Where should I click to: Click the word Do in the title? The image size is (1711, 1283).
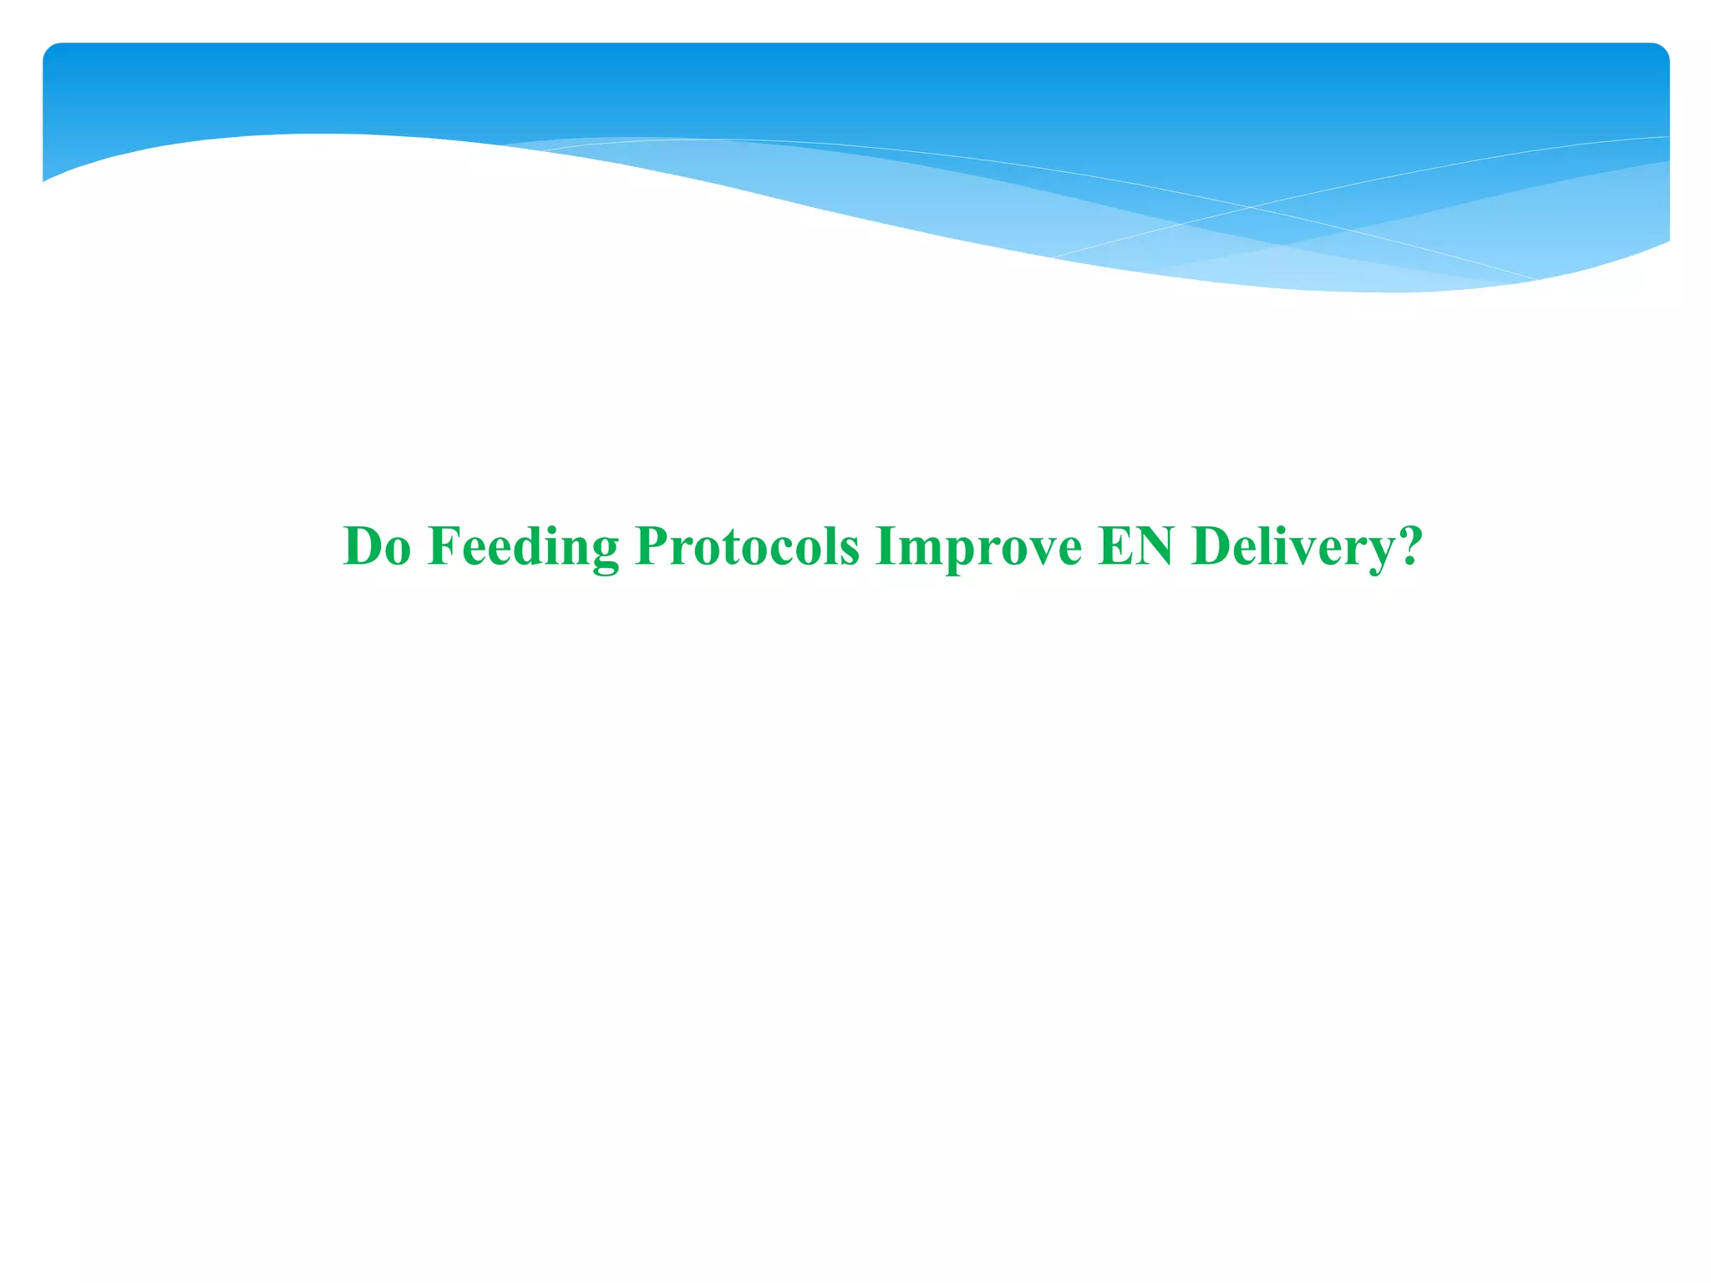[377, 547]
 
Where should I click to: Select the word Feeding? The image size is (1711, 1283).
[523, 547]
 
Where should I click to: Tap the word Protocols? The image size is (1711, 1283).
[747, 547]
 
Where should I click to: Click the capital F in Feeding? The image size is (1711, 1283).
[443, 547]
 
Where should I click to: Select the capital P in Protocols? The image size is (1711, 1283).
[652, 547]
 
